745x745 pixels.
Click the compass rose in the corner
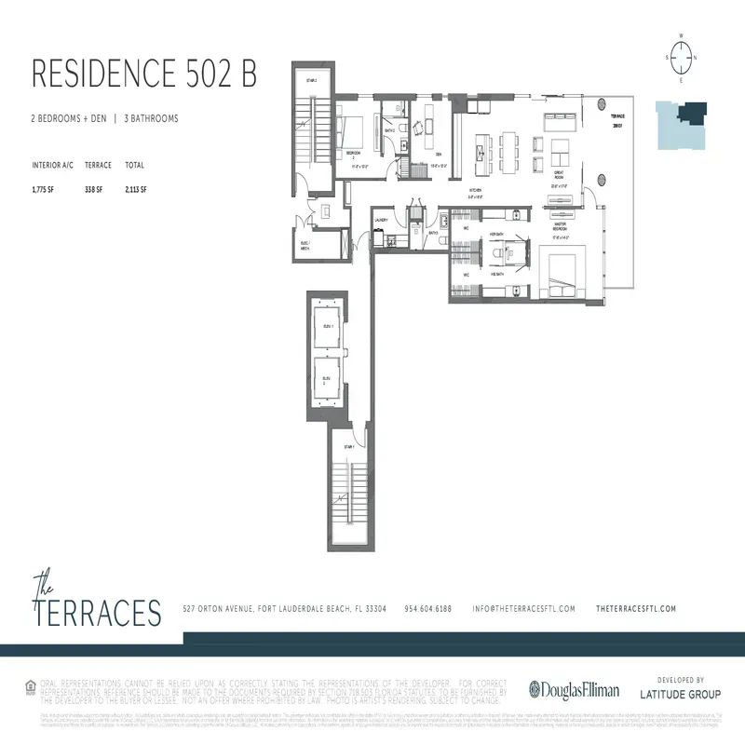point(682,58)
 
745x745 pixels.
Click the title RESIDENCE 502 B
point(144,74)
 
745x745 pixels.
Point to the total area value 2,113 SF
point(136,189)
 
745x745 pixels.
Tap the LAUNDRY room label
point(381,220)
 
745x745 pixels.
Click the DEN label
point(438,156)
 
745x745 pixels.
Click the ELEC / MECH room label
point(305,247)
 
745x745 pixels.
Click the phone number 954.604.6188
point(428,609)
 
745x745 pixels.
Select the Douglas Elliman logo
point(574,690)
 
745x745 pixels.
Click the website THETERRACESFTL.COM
point(634,609)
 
